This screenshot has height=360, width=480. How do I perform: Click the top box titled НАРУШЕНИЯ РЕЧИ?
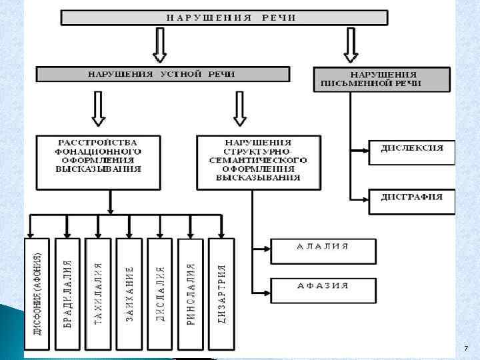224,17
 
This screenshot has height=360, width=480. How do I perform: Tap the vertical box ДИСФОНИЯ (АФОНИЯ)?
37,293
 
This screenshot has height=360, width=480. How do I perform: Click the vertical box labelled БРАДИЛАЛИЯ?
68,293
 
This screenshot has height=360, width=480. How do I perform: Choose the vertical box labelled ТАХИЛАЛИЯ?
99,293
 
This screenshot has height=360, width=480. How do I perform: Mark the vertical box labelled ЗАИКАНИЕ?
129,293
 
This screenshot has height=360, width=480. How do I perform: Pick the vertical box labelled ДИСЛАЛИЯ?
160,293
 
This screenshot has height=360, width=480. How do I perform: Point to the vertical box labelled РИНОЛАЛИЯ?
191,293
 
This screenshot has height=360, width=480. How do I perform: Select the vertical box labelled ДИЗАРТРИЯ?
221,293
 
